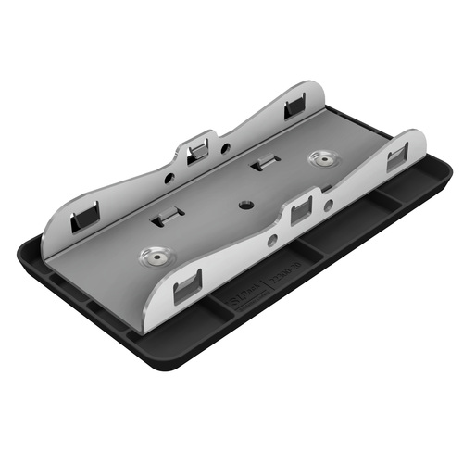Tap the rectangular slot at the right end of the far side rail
(x=294, y=105)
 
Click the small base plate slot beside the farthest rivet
(x=264, y=164)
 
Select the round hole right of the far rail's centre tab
(x=226, y=147)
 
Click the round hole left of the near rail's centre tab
(x=271, y=239)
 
